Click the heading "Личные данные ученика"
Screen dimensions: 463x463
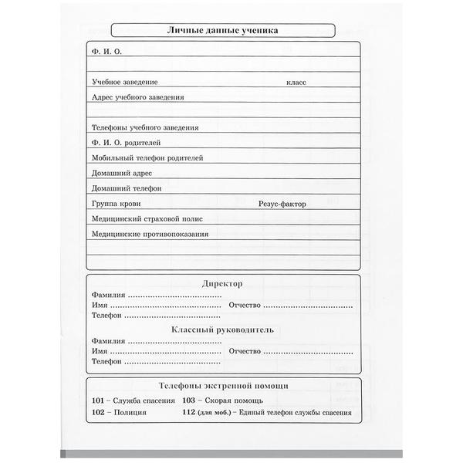(223, 31)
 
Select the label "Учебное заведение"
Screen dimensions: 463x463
(124, 81)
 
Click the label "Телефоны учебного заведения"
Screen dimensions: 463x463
(144, 127)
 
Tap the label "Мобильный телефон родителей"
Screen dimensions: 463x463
(147, 157)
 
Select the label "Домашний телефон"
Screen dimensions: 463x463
(126, 188)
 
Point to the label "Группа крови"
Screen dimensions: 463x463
(115, 204)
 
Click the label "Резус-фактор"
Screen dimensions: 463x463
(282, 204)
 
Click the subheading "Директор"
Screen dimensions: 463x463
(222, 283)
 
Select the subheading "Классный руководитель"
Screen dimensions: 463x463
(222, 330)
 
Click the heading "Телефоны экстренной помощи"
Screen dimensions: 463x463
(223, 385)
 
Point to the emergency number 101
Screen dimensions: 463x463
(98, 401)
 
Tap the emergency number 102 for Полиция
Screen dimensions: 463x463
(98, 414)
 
